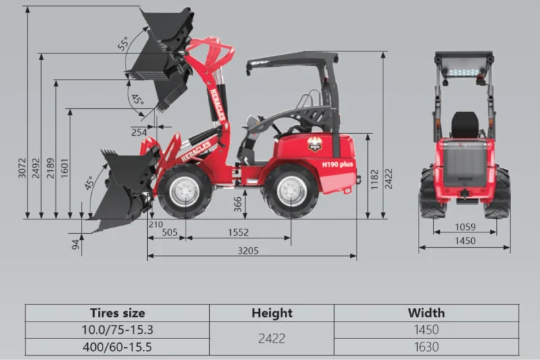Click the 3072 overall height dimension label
click(x=22, y=168)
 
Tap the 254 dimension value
click(x=139, y=132)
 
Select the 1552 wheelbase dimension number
click(x=238, y=232)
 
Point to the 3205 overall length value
click(x=248, y=251)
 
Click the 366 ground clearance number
click(x=238, y=204)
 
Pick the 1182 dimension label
click(x=375, y=180)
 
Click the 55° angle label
click(x=123, y=44)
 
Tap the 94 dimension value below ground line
click(x=76, y=245)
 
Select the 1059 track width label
click(x=465, y=227)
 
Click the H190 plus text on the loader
click(x=337, y=164)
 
